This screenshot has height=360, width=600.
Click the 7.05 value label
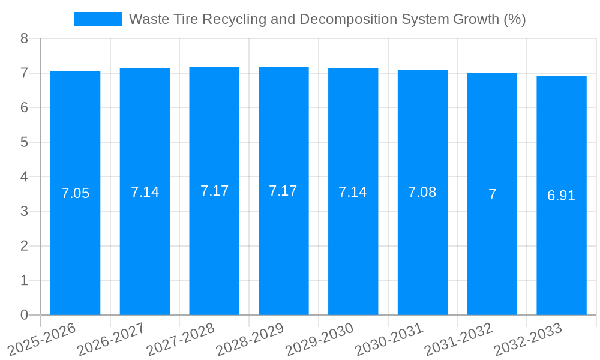(x=76, y=193)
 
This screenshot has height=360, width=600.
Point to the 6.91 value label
(x=562, y=196)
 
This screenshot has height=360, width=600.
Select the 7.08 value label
(x=422, y=192)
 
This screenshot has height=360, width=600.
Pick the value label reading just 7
(x=492, y=194)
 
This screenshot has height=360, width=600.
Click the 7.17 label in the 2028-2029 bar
(x=283, y=191)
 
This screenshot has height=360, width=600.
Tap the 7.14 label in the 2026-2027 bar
(x=145, y=192)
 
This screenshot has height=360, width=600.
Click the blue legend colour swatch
(x=97, y=19)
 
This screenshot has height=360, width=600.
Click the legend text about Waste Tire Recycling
(x=327, y=19)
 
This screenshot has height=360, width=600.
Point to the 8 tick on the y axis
(x=24, y=38)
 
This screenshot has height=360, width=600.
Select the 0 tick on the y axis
(x=24, y=315)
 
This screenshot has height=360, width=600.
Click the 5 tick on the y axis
(x=24, y=142)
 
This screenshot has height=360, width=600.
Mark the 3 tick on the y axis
(x=24, y=211)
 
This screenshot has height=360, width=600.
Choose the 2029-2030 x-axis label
(x=320, y=340)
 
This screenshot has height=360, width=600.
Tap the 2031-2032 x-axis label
(x=459, y=340)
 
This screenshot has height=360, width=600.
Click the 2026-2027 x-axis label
(x=112, y=340)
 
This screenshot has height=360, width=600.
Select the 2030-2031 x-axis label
(x=389, y=340)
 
